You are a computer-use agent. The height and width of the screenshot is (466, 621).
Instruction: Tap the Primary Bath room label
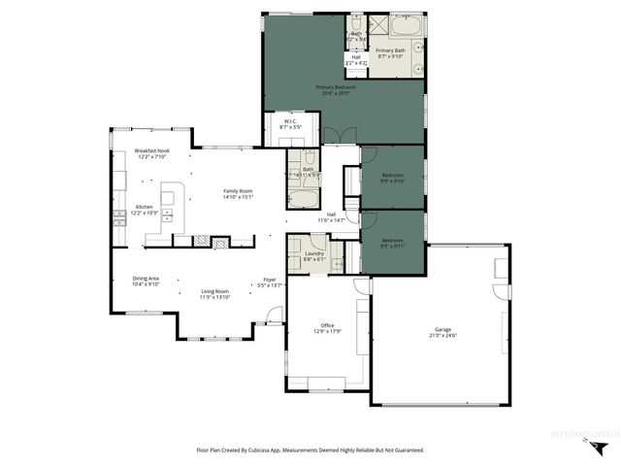tap(391, 50)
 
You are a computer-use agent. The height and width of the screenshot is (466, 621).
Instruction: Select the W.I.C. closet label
tap(289, 121)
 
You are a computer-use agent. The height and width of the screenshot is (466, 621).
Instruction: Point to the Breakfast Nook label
tap(153, 150)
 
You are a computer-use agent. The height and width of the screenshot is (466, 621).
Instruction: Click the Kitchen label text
tap(144, 207)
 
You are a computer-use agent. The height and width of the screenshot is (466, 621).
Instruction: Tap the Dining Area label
tap(146, 279)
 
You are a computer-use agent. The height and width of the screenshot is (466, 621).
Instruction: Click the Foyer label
tap(269, 280)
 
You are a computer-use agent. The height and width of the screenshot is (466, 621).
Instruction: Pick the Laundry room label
tap(313, 253)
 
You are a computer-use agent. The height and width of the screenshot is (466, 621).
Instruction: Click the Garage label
tap(443, 330)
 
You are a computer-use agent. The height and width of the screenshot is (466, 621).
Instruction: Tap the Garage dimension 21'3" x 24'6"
tap(443, 336)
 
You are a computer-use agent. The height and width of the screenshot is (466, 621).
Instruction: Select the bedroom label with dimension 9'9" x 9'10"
tap(392, 175)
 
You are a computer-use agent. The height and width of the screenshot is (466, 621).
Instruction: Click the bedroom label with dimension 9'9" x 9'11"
tap(392, 240)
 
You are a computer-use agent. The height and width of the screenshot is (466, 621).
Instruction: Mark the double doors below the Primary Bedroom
tap(333, 135)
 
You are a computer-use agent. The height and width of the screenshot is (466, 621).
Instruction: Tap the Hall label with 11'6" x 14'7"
tap(331, 215)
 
